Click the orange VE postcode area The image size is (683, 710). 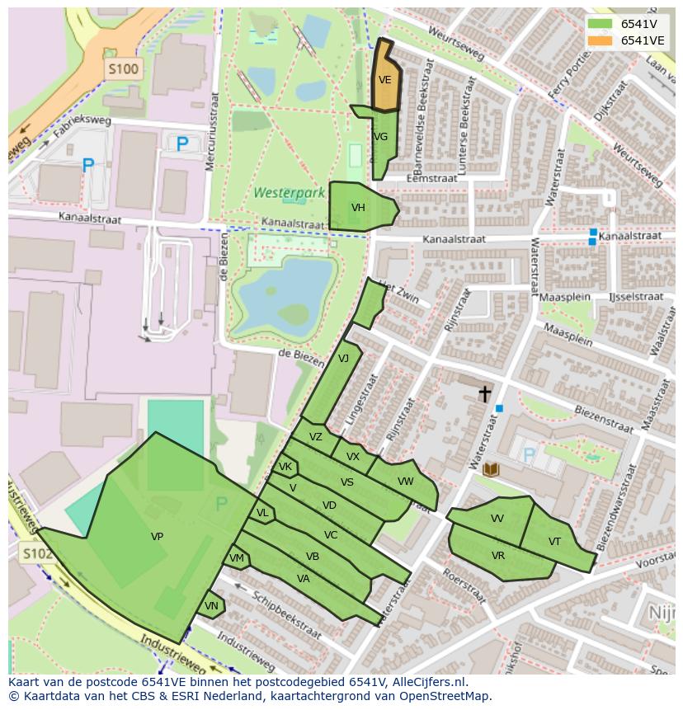coord(385,79)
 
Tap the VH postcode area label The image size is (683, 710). coord(358,208)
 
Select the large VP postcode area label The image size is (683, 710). coord(157,537)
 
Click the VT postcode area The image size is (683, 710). coord(554,542)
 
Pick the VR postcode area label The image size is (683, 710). coord(498,556)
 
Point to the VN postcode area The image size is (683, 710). coord(211,605)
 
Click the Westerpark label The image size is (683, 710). coord(278,193)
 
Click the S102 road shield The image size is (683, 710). coord(37,553)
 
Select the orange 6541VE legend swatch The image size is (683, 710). coord(600,40)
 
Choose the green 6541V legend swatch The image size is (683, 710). coord(600,24)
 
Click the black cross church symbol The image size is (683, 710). coord(486,393)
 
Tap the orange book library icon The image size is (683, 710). coord(491,469)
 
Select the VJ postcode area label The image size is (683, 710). coord(343,358)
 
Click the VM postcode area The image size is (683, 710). coord(237,558)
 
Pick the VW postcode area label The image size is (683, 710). coord(405,482)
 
